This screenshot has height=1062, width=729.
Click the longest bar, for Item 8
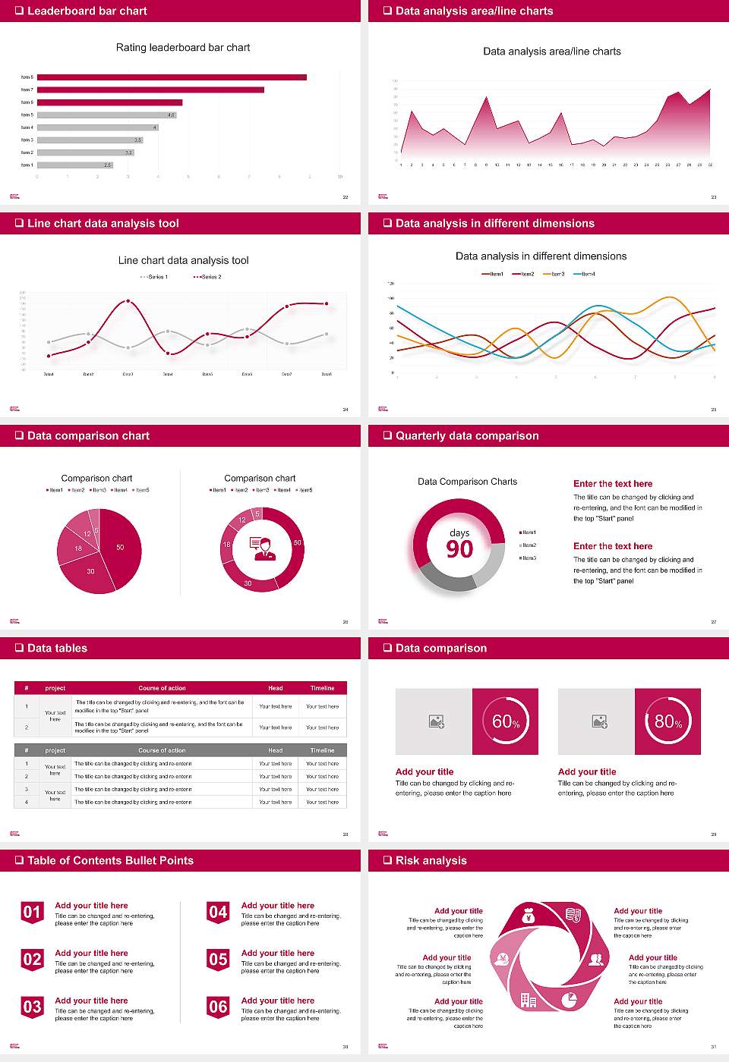172,77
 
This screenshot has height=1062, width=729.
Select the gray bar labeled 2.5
74,165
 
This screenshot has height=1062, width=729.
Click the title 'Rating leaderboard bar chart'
183,47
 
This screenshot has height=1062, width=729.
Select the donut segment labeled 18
226,545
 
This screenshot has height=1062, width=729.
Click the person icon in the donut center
262,548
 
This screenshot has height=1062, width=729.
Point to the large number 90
459,549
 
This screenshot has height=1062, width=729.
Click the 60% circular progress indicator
506,721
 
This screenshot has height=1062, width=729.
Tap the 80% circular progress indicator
668,721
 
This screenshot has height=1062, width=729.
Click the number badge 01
32,913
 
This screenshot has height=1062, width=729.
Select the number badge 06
218,1007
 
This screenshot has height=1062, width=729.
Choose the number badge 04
218,913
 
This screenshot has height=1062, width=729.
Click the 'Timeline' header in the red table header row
322,688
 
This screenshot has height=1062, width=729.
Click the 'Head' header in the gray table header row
275,750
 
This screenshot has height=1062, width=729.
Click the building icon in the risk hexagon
528,1001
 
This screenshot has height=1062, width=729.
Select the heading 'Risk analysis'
431,860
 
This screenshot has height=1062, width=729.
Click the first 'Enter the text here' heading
613,484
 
